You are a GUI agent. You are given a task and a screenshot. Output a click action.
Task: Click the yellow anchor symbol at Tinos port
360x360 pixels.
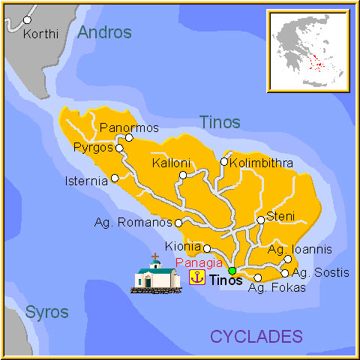coord(197,277)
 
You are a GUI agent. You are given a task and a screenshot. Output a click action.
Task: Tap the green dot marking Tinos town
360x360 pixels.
coord(232,271)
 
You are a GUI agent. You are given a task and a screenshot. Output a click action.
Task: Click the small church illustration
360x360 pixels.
coord(156,274)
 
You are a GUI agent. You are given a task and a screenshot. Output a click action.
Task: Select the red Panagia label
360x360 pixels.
coord(199,262)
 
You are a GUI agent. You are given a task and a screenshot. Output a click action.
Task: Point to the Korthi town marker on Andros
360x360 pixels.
coord(28,19)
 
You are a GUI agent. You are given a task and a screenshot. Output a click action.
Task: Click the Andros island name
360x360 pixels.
coord(104,32)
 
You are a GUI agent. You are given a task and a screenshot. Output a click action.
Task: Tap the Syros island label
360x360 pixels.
coord(46,312)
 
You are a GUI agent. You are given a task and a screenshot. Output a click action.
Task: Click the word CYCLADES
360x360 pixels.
coord(256,336)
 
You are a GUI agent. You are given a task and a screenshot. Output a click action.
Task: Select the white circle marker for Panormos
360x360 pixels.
coord(129,137)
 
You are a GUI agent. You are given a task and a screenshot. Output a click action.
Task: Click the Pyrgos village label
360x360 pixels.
coord(93,148)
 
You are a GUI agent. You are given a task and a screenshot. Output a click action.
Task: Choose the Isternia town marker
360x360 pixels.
coord(115,178)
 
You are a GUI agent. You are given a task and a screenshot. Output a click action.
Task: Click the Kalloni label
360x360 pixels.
coord(171,163)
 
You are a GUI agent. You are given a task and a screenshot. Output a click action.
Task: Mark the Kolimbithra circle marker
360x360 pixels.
coord(223,161)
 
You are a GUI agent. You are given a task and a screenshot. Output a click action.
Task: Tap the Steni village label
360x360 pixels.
coord(280,217)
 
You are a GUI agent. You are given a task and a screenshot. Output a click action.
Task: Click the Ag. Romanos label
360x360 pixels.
coord(133,223)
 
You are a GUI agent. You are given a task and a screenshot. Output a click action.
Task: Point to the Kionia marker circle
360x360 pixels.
coord(207,248)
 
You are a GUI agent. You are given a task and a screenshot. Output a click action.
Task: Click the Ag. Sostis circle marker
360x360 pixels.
coord(285,273)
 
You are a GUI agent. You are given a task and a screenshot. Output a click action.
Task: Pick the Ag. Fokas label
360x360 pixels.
coord(277,288)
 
